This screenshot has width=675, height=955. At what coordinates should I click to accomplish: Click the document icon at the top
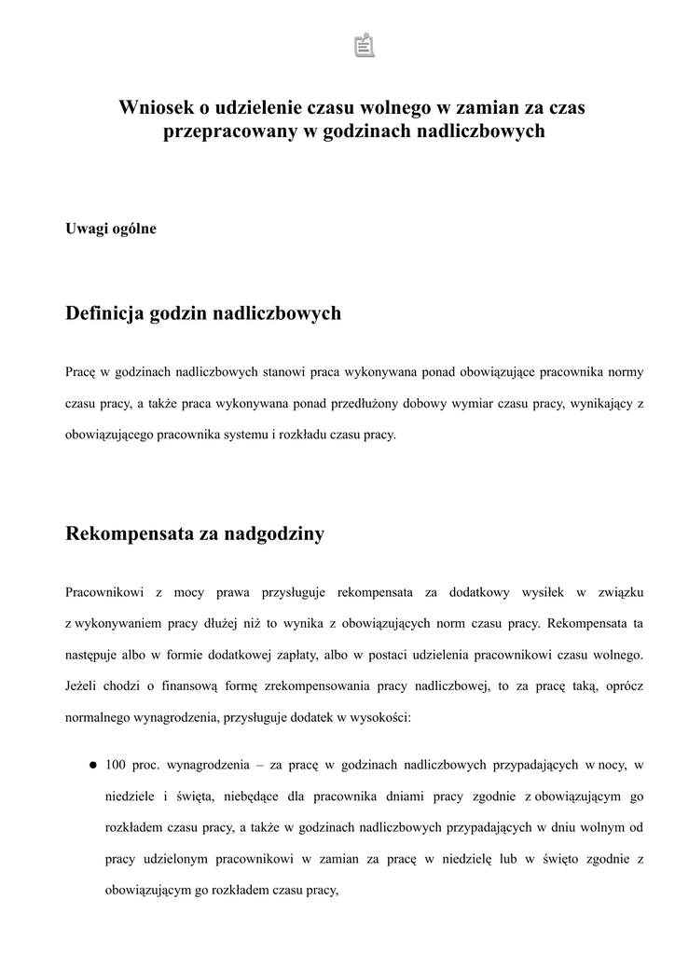[364, 45]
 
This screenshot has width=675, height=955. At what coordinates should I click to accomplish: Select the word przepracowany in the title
[230, 132]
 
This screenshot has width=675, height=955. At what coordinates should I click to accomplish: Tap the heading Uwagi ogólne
[111, 228]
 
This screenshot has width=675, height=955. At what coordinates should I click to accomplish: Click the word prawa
[233, 592]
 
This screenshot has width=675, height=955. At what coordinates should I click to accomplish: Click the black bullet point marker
[93, 766]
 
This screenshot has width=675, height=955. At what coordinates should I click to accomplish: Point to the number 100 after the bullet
[116, 766]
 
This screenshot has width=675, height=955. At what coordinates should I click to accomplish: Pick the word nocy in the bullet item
[612, 766]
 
